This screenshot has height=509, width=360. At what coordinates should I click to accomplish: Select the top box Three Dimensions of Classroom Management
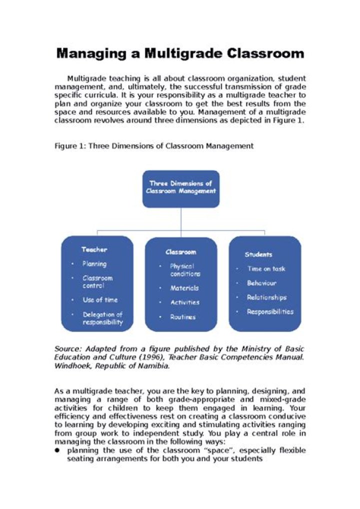181,188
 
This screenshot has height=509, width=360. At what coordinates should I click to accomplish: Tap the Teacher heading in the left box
94,249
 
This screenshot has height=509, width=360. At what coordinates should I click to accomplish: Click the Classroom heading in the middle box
181,252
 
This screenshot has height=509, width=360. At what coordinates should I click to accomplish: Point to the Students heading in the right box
258,254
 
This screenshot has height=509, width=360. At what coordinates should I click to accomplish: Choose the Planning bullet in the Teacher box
94,263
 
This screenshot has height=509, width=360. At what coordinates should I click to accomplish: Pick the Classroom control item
98,281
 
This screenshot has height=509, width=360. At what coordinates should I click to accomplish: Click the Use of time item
100,299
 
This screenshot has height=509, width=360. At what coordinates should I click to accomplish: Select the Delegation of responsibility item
102,318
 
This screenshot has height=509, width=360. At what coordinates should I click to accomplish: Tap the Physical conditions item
185,270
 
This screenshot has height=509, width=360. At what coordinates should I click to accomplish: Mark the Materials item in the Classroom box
184,288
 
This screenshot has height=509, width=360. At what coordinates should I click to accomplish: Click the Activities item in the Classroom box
184,302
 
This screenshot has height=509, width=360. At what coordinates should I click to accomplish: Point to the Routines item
183,317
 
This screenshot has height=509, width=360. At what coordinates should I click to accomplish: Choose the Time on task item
266,269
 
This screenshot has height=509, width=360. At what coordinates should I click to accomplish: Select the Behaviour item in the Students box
261,283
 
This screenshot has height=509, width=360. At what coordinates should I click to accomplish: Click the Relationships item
266,297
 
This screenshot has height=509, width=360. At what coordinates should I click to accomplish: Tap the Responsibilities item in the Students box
270,312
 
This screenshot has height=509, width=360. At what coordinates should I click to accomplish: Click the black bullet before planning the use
57,450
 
